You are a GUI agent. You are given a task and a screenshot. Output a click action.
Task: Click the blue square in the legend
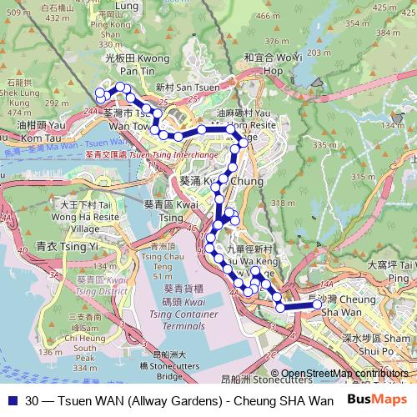[10, 399]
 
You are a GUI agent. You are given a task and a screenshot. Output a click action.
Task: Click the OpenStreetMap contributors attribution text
[344, 374]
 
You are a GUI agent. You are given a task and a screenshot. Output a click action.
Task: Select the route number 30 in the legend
[32, 399]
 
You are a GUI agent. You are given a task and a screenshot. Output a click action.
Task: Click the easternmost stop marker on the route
[317, 305]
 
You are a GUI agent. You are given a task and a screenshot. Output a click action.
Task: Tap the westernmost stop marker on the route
[99, 93]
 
